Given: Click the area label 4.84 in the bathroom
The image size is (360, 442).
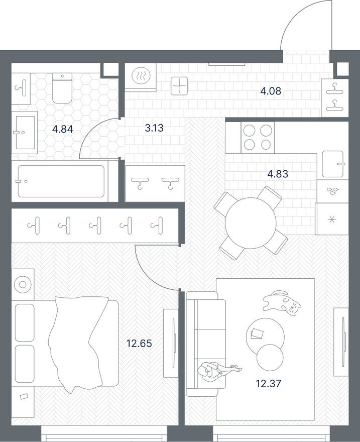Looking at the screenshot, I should click(x=63, y=129).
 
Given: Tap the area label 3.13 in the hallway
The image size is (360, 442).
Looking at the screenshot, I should click(x=154, y=128).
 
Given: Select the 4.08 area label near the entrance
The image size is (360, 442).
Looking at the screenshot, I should click(x=270, y=91).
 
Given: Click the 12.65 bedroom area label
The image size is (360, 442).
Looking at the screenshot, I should click(x=139, y=344).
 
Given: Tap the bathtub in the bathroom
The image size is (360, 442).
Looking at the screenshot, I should click(x=61, y=181).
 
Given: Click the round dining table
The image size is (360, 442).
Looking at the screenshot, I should click(x=251, y=223).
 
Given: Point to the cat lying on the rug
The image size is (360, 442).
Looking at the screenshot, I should click(x=282, y=303).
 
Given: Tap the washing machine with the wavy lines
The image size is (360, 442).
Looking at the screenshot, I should click(x=139, y=78).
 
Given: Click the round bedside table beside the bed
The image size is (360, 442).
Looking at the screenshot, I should click(x=23, y=285).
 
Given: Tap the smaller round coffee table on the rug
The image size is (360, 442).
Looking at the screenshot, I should click(x=270, y=357).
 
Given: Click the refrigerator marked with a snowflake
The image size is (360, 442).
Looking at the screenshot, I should click(x=331, y=219).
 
